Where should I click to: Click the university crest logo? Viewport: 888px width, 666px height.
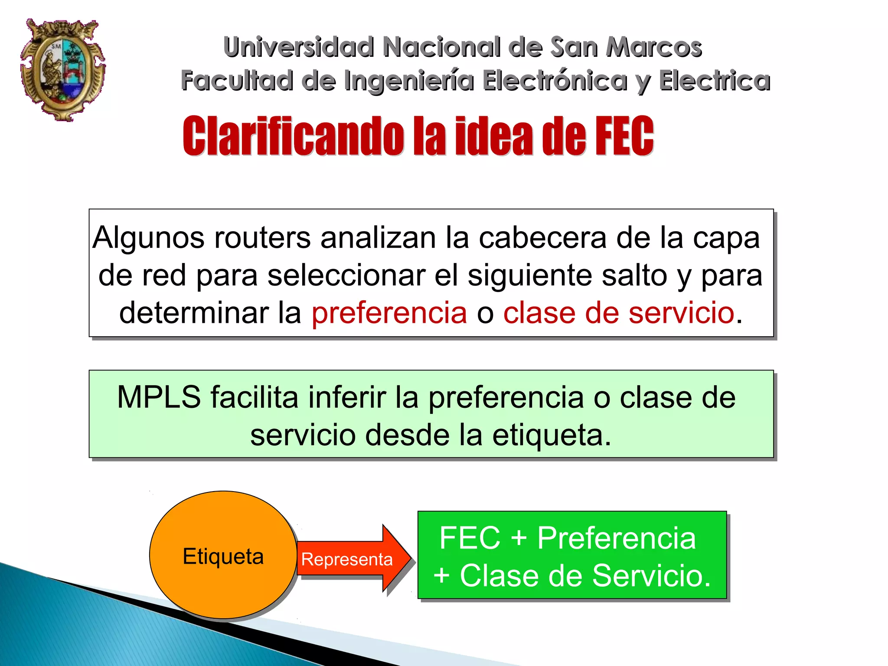tap(63, 69)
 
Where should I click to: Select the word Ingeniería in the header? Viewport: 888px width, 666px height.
tap(409, 81)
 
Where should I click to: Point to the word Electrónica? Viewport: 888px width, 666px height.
tap(555, 81)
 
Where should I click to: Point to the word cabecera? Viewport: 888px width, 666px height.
tap(542, 238)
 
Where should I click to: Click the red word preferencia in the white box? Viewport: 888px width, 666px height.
tap(389, 313)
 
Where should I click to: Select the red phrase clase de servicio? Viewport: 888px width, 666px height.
tap(619, 313)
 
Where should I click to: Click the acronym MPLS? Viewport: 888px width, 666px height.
tap(159, 397)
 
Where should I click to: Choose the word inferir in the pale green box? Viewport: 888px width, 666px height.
tap(347, 397)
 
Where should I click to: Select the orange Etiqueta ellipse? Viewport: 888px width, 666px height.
tap(223, 555)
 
